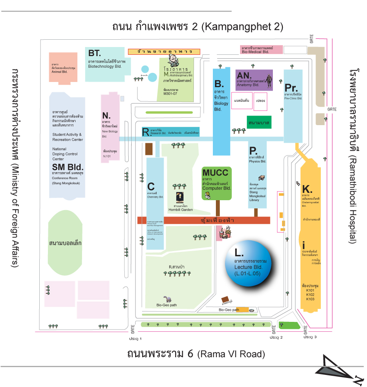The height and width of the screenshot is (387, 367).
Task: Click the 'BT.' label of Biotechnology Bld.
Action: (x=95, y=53)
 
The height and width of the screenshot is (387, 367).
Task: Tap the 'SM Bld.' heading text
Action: (x=68, y=167)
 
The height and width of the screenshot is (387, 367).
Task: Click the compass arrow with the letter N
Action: (x=339, y=368)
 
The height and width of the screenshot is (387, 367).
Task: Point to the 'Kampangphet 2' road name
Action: (x=242, y=27)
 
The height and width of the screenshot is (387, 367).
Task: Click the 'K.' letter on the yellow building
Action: (x=307, y=189)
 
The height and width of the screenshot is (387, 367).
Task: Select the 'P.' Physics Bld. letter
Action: (x=253, y=151)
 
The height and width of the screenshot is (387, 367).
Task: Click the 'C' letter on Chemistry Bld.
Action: (x=151, y=186)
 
